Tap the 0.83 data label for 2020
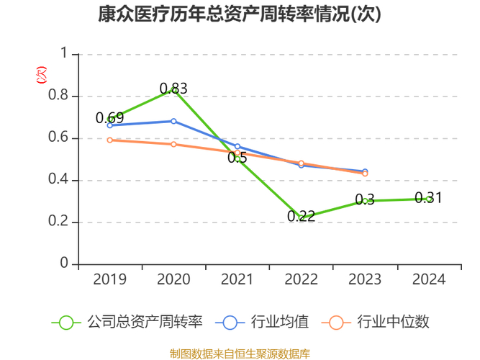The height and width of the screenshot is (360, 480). [x=173, y=89]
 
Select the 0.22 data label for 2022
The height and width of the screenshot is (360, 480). [x=301, y=216]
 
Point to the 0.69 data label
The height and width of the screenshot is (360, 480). [x=110, y=118]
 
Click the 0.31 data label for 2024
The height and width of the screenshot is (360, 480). [x=428, y=198]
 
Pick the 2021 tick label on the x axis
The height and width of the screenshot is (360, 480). [x=237, y=279]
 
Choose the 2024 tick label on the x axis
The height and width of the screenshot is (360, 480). [x=429, y=279]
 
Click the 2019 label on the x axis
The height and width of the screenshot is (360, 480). [x=109, y=279]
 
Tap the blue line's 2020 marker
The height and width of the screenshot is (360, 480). [x=173, y=121]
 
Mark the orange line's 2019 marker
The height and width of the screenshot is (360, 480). [x=109, y=140]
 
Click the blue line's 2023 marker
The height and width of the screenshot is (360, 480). [x=365, y=171]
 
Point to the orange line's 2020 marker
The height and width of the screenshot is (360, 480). [x=173, y=144]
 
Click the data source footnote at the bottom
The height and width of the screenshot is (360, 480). [x=240, y=353]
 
